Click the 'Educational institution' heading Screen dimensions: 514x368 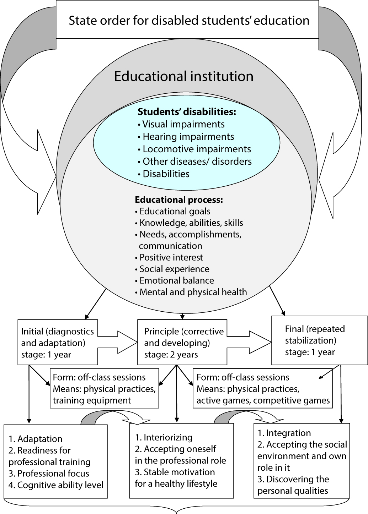click(183, 76)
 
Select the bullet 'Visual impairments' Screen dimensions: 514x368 click(183, 124)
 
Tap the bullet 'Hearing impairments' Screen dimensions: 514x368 click(188, 137)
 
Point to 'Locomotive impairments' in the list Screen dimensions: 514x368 click(197, 149)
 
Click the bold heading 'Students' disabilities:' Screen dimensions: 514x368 click(187, 112)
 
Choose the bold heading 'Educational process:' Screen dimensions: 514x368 click(179, 199)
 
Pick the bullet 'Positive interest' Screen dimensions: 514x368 click(171, 257)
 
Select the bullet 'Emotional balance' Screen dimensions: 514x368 click(177, 280)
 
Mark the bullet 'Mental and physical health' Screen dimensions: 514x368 click(193, 292)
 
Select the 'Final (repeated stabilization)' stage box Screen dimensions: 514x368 click(319, 340)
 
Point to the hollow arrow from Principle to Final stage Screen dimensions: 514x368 click(250, 341)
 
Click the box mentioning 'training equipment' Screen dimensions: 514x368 click(104, 389)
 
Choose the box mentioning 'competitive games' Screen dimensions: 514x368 click(263, 389)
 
